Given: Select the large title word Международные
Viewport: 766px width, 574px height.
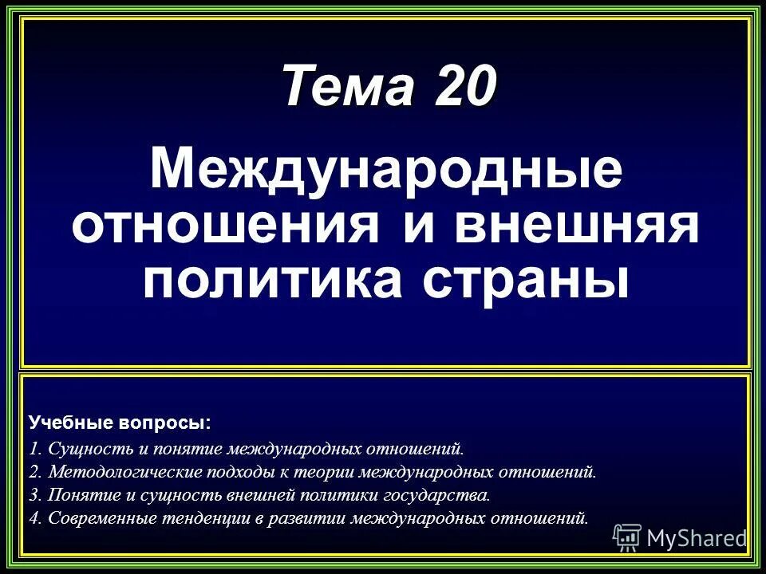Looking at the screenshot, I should [386, 169].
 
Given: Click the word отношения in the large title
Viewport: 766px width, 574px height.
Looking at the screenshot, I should [226, 225].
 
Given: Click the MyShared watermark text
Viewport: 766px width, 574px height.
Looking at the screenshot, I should [695, 538].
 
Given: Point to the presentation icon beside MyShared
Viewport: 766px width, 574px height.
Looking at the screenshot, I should [627, 537].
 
